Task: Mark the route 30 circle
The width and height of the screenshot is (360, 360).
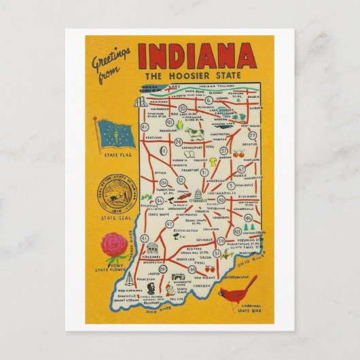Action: pos(182,108)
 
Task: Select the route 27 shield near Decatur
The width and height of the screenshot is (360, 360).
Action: pos(253,135)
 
